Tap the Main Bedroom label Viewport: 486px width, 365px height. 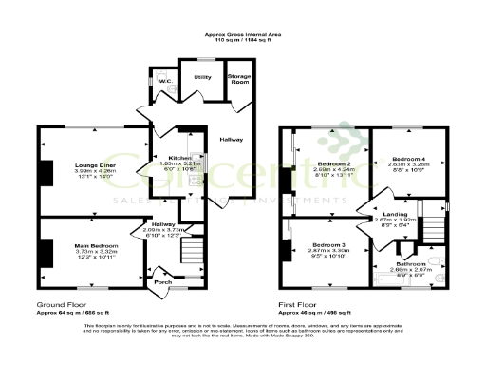pyautogui.click(x=95, y=245)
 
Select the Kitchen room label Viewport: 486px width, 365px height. pyautogui.click(x=180, y=157)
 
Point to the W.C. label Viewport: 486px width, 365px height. pyautogui.click(x=164, y=81)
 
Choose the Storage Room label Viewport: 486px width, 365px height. pyautogui.click(x=237, y=78)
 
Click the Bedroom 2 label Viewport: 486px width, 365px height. pyautogui.click(x=331, y=163)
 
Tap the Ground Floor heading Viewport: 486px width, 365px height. pyautogui.click(x=59, y=304)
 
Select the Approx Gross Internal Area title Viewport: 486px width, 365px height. pyautogui.click(x=243, y=35)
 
